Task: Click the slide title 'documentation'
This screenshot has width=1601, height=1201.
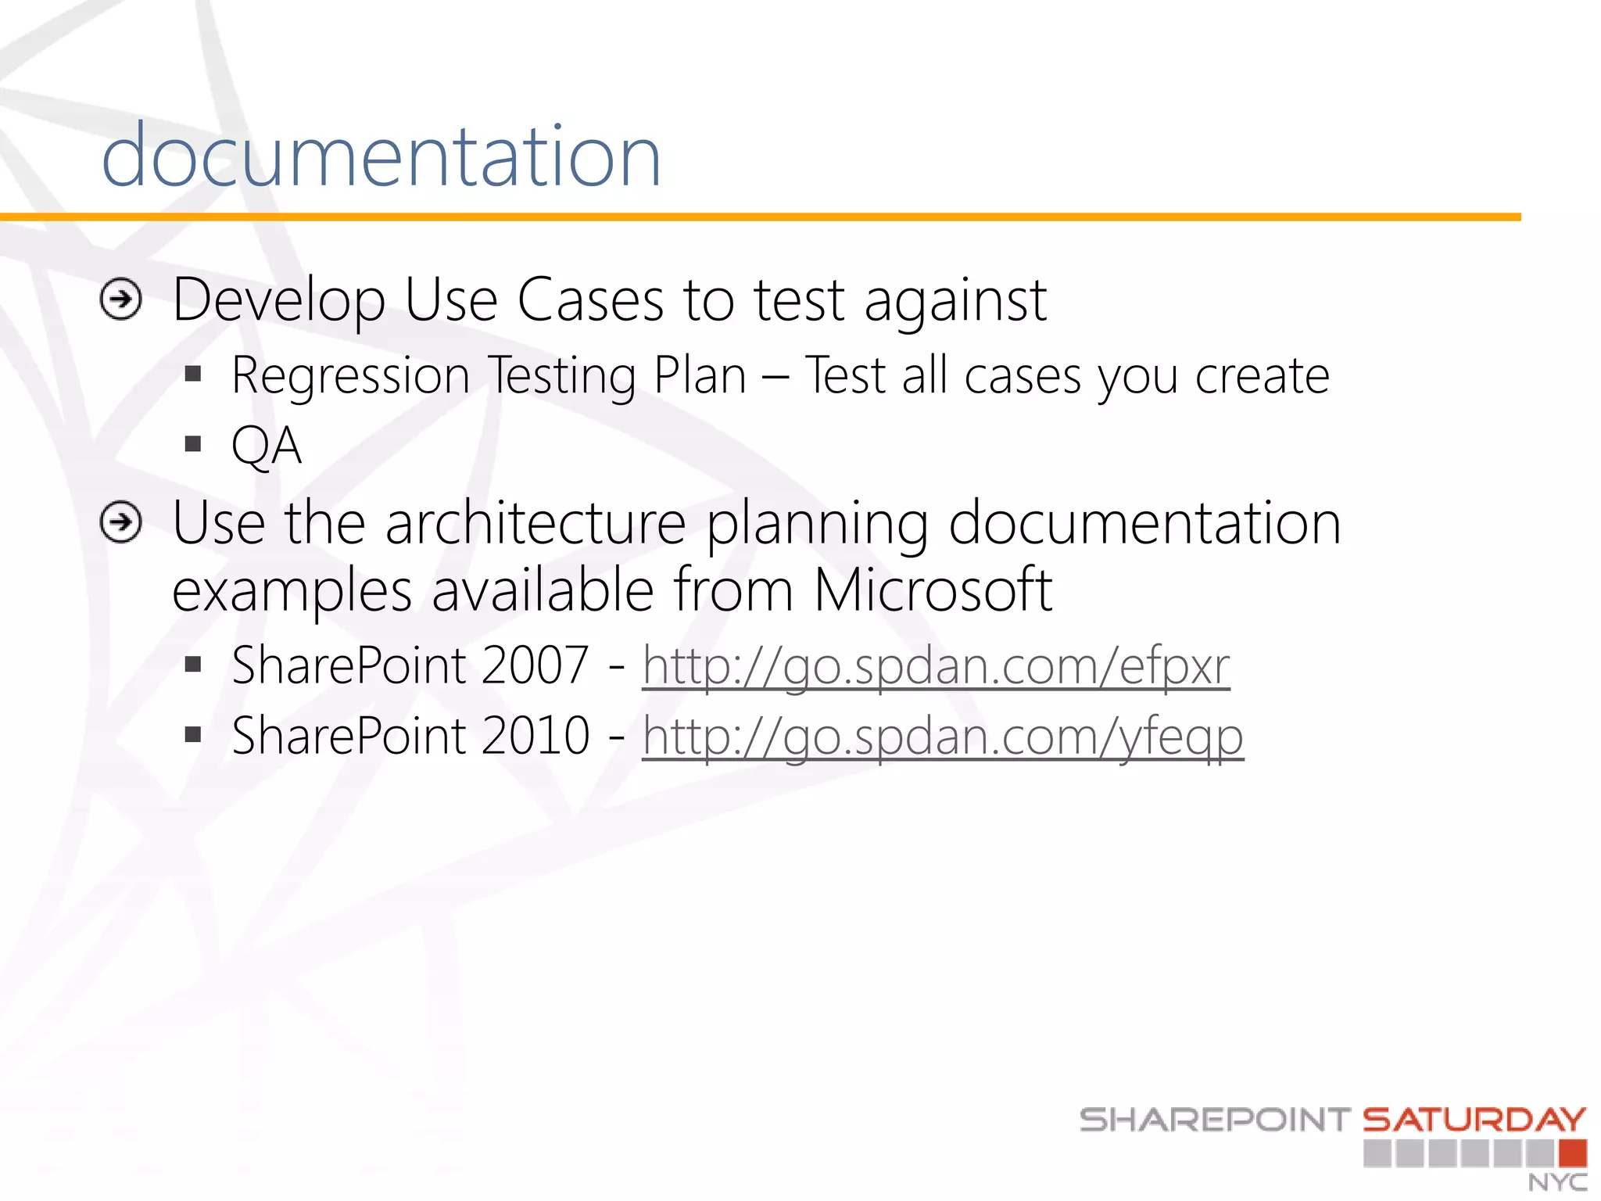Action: (381, 156)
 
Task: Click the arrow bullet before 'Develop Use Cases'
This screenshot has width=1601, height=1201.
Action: (121, 299)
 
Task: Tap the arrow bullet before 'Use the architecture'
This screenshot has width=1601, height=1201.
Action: (121, 522)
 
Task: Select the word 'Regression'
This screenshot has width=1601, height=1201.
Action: (350, 377)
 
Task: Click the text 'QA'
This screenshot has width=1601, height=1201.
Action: (266, 446)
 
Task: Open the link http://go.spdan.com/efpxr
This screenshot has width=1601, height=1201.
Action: (936, 666)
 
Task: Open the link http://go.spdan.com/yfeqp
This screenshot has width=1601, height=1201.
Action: (942, 737)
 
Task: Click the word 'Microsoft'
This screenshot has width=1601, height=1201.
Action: (932, 590)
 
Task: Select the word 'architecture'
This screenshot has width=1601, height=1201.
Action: (535, 522)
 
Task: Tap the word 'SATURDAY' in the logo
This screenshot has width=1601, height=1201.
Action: (1474, 1120)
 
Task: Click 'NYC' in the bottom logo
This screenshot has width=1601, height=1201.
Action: (1557, 1182)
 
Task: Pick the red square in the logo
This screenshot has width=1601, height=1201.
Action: (1572, 1153)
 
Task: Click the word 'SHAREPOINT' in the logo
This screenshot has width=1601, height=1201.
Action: (1215, 1120)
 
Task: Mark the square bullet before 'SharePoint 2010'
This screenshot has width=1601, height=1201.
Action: (193, 735)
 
